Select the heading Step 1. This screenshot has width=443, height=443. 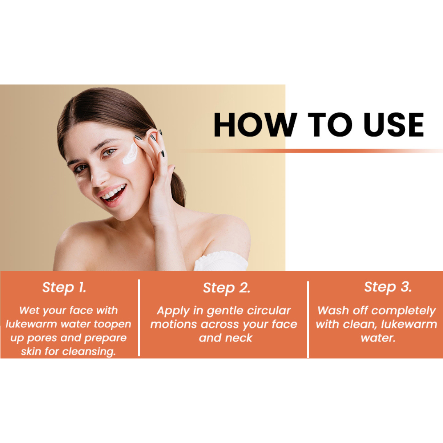click(64, 288)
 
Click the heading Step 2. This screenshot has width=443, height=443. click(226, 288)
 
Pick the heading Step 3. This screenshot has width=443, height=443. click(388, 287)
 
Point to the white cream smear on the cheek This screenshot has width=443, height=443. click(130, 153)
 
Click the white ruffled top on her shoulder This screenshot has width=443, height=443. click(221, 261)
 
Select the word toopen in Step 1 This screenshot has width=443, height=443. click(112, 324)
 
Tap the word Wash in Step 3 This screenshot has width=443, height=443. click(331, 311)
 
